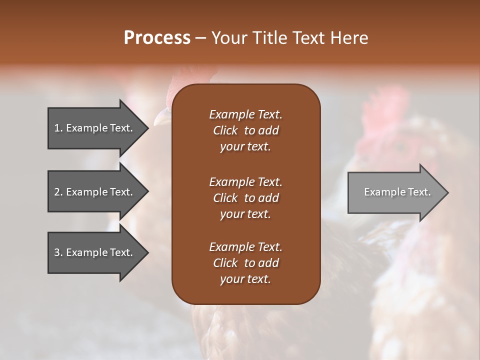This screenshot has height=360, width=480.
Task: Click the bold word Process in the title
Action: [157, 38]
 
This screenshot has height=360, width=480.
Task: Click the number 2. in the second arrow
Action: [58, 192]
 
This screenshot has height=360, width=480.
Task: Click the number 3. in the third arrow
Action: [58, 252]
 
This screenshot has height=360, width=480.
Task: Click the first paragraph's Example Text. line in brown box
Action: [245, 114]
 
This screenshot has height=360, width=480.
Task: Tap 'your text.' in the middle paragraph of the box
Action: [245, 214]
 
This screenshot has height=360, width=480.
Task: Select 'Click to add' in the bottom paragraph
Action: [245, 263]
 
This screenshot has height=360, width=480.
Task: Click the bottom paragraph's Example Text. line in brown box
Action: [245, 247]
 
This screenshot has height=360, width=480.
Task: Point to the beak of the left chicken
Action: [161, 118]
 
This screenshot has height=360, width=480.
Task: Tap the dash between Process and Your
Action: [200, 38]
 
